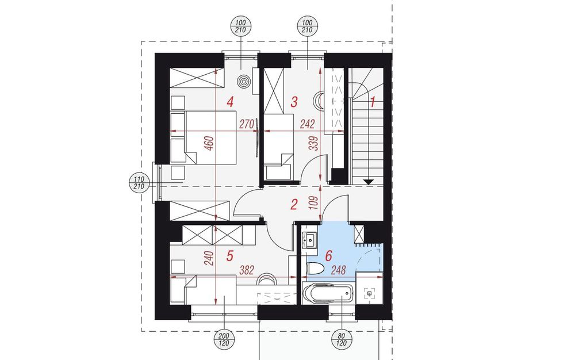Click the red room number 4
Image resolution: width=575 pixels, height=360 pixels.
pyautogui.click(x=231, y=102)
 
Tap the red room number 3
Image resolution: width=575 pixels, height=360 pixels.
pyautogui.click(x=294, y=102)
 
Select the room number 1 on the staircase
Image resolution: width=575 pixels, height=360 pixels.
pyautogui.click(x=373, y=102)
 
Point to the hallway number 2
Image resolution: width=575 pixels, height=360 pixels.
pyautogui.click(x=293, y=205)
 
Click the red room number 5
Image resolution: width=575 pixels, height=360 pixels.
pyautogui.click(x=229, y=256)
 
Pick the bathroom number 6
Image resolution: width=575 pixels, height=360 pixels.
pyautogui.click(x=328, y=255)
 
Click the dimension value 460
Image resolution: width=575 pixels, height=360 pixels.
pyautogui.click(x=209, y=144)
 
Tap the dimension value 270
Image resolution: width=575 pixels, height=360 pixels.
pyautogui.click(x=247, y=125)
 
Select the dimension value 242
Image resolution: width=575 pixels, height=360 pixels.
pyautogui.click(x=307, y=124)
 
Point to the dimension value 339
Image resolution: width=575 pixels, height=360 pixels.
pyautogui.click(x=313, y=144)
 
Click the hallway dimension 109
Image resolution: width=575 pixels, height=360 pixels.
pyautogui.click(x=313, y=202)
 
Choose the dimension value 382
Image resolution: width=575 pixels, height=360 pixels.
pyautogui.click(x=247, y=270)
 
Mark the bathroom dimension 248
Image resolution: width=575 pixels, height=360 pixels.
pyautogui.click(x=339, y=270)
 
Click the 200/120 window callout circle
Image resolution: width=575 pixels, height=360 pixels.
pyautogui.click(x=224, y=339)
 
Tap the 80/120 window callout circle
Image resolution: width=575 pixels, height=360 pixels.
pyautogui.click(x=342, y=339)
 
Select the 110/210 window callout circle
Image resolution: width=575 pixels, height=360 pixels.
pyautogui.click(x=139, y=182)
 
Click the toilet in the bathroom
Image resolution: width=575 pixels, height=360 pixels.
pyautogui.click(x=315, y=269)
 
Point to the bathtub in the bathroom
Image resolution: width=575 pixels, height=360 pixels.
pyautogui.click(x=328, y=293)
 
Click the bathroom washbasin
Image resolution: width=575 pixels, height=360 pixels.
pyautogui.click(x=310, y=241)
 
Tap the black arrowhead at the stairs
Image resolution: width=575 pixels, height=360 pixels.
pyautogui.click(x=368, y=182)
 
